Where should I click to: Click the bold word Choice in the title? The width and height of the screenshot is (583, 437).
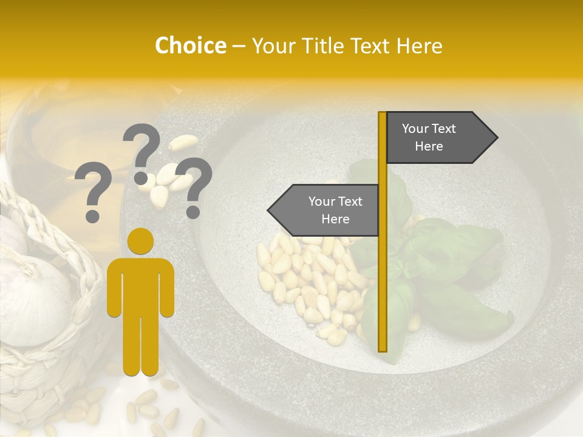[x=190, y=46]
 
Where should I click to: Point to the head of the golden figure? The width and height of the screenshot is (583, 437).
[x=140, y=240]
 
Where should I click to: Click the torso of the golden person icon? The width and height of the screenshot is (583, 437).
[x=140, y=285]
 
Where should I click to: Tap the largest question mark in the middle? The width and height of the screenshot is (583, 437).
[x=142, y=149]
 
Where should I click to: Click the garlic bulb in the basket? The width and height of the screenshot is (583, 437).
[x=33, y=297]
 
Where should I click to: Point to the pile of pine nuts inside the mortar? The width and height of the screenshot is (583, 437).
[x=304, y=279]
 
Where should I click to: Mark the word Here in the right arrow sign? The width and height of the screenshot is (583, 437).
[x=429, y=146]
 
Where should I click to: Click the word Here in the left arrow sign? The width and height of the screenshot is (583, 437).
[x=335, y=219]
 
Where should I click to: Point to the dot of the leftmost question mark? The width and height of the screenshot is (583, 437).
[x=93, y=215]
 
